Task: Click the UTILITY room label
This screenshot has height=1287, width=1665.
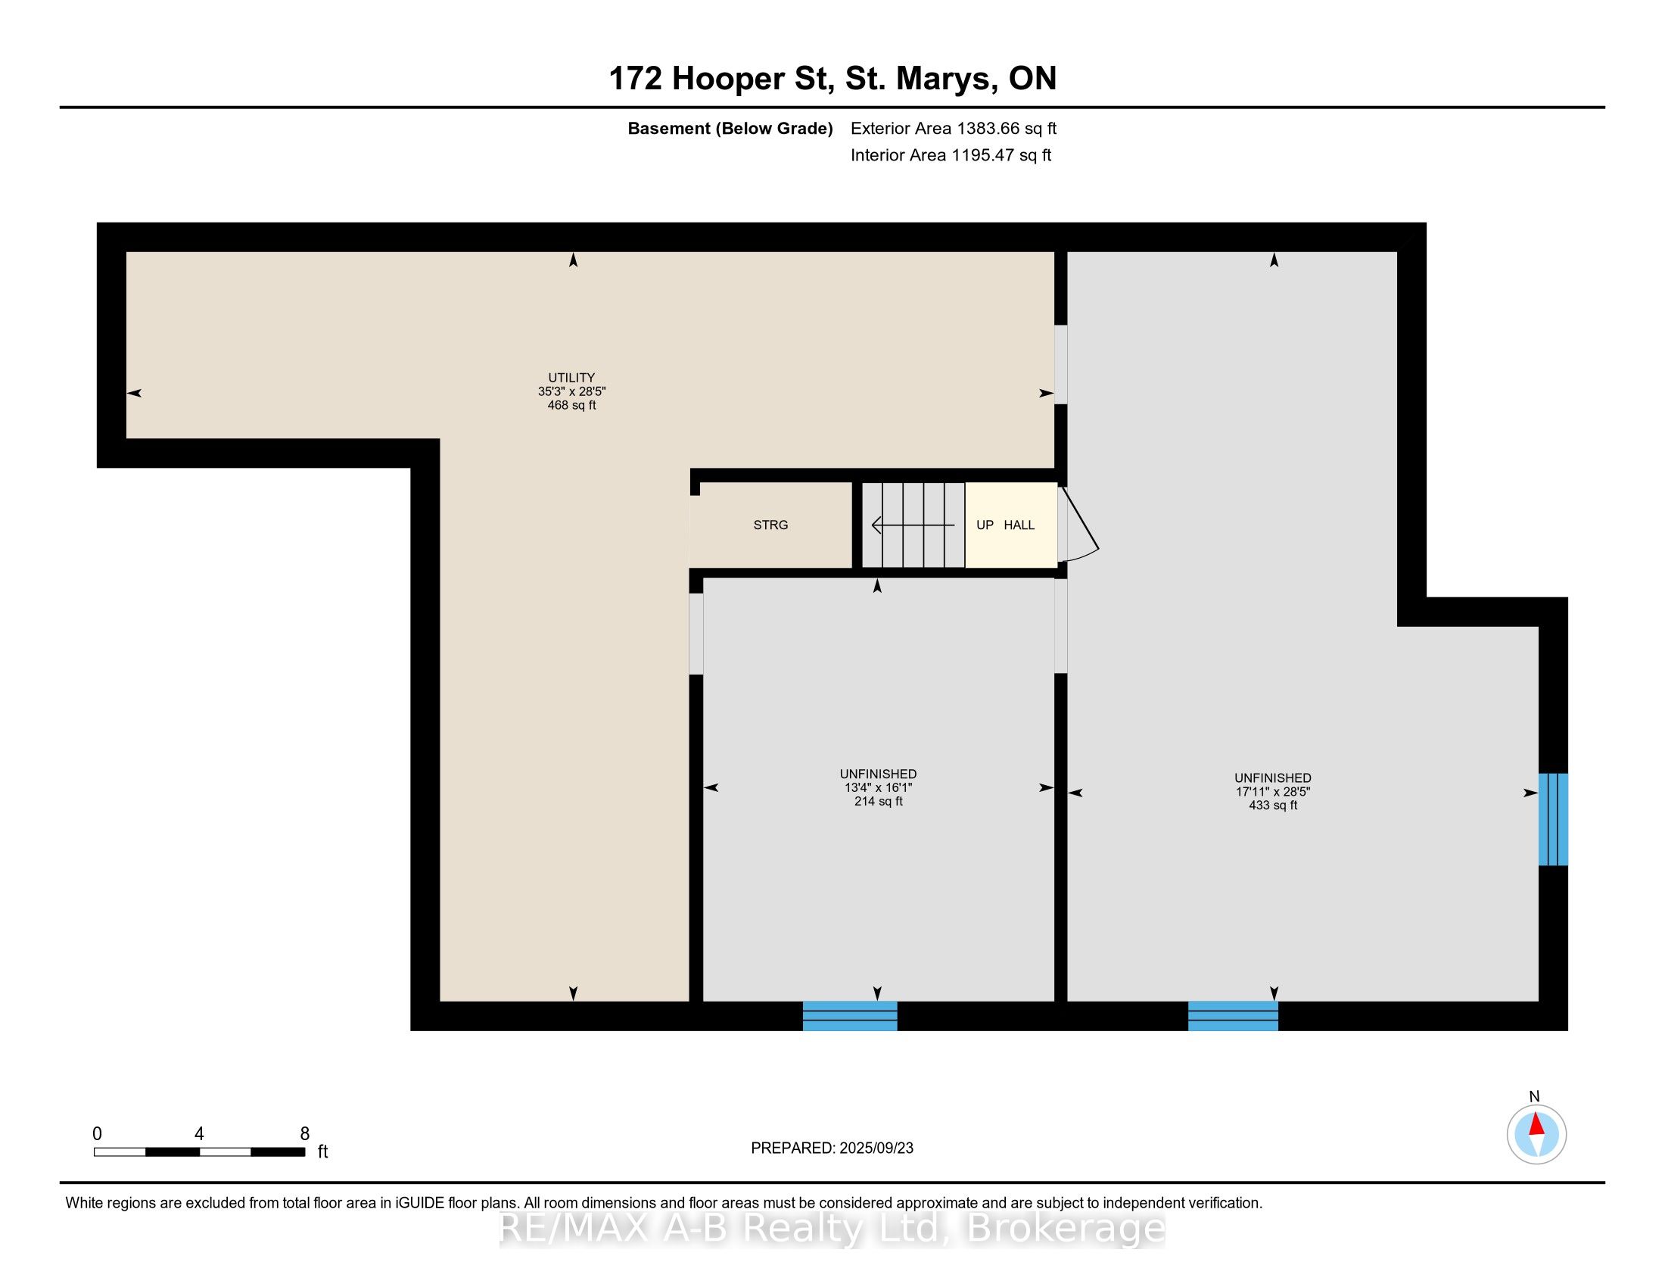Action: [x=571, y=378]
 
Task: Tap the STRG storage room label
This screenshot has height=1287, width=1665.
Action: [x=770, y=525]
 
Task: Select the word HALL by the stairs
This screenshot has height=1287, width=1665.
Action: [x=1019, y=525]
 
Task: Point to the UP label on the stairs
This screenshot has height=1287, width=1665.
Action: [x=985, y=525]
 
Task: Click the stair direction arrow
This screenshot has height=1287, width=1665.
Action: [x=913, y=525]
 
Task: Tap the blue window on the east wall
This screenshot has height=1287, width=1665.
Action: [x=1553, y=819]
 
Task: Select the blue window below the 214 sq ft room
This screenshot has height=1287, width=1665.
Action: [x=849, y=1015]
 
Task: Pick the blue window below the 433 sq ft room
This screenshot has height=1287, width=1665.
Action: [x=1233, y=1015]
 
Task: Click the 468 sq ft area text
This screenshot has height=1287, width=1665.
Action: [x=571, y=406]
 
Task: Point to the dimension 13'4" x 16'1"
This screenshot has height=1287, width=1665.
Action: [x=877, y=787]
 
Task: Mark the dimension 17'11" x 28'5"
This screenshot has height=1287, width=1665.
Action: [x=1272, y=791]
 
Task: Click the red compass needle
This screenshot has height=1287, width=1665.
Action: [x=1536, y=1124]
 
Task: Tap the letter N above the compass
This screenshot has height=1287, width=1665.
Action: [x=1534, y=1096]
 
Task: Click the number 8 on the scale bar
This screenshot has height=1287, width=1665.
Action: [x=305, y=1133]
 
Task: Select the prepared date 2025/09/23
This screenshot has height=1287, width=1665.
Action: [x=875, y=1148]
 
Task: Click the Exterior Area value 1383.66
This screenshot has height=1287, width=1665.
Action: [x=987, y=128]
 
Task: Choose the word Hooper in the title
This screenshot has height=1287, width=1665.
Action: [x=728, y=79]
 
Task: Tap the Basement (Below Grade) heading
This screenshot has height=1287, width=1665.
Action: [x=730, y=129]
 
